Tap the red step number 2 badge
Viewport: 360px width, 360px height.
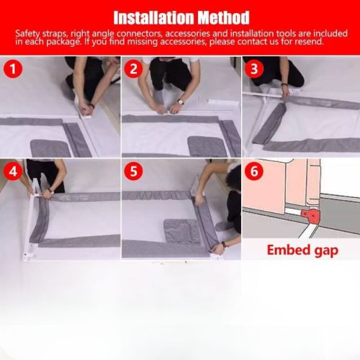click(134, 69)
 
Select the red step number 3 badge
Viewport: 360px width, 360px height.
click(254, 69)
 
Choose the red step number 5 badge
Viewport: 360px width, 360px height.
click(134, 173)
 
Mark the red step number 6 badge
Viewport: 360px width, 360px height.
click(254, 173)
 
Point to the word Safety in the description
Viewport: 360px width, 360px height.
click(30, 33)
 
